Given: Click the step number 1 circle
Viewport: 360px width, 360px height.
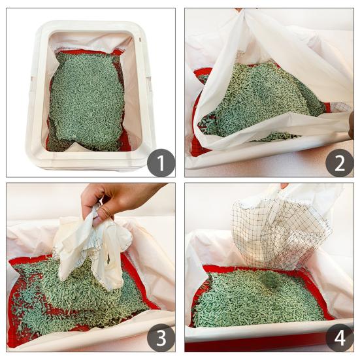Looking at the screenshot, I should pos(161,161).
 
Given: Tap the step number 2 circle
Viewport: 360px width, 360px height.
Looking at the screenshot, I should pos(339,161).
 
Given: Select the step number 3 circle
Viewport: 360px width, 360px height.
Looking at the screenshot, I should pos(161,338).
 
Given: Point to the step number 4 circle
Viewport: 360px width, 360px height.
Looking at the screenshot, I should pos(339,338).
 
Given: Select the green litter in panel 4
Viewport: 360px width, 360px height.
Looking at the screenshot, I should pos(261,301).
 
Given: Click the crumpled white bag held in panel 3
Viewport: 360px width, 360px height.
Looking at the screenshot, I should pos(91,245).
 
